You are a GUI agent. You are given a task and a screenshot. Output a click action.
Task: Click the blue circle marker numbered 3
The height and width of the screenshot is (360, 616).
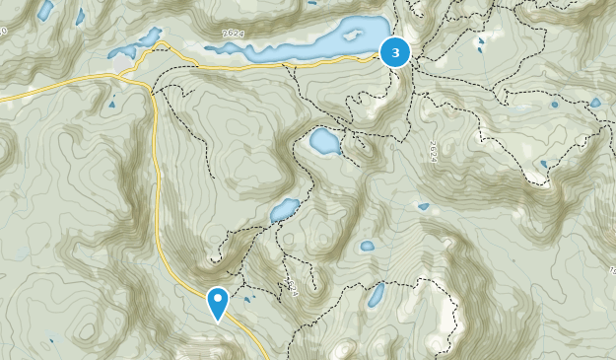tap(395, 52)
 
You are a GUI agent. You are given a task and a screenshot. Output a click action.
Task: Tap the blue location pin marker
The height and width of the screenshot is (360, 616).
tap(217, 302)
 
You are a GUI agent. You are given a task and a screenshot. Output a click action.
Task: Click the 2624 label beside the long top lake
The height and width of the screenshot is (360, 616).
tap(234, 34)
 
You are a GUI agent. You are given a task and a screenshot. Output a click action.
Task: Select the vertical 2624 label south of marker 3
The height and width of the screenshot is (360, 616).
tap(432, 151)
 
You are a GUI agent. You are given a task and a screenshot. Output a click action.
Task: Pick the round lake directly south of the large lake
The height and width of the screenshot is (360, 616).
tap(325, 142)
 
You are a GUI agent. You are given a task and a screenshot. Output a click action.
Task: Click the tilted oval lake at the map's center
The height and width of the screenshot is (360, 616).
tap(284, 210)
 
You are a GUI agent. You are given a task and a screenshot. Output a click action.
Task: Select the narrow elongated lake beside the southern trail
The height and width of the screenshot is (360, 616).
tap(376, 294)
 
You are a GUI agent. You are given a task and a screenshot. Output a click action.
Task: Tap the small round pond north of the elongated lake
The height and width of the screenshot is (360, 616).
tap(367, 246)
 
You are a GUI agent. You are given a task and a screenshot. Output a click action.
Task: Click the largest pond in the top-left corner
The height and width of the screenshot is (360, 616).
tap(45, 11)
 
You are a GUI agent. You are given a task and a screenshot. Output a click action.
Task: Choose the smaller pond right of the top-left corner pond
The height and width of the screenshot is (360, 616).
tap(80, 16)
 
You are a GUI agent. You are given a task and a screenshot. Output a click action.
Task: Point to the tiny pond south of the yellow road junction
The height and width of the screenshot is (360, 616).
tap(111, 103)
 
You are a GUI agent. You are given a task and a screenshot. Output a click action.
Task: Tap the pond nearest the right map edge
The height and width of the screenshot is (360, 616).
tap(595, 102)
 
